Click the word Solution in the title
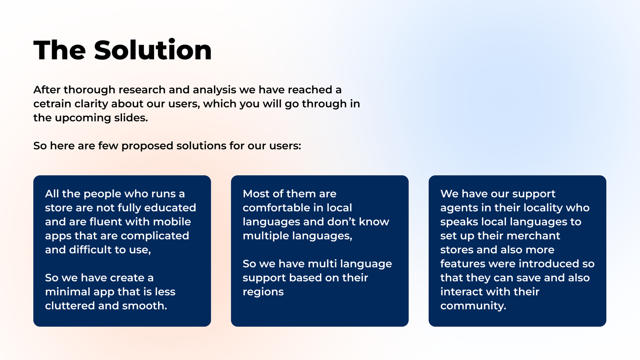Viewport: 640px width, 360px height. pyautogui.click(x=153, y=50)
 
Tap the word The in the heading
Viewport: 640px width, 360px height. pyautogui.click(x=60, y=50)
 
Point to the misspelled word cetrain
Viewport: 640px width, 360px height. pyautogui.click(x=52, y=104)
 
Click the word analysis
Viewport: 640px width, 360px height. pyautogui.click(x=214, y=90)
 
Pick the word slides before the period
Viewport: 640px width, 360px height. pyautogui.click(x=130, y=118)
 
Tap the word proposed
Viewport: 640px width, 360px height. pyautogui.click(x=148, y=146)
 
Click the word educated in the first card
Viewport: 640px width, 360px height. pyautogui.click(x=170, y=208)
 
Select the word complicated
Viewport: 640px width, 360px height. pyautogui.click(x=155, y=236)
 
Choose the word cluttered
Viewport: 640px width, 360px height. pyautogui.click(x=70, y=306)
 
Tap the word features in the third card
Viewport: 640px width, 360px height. pyautogui.click(x=463, y=264)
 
